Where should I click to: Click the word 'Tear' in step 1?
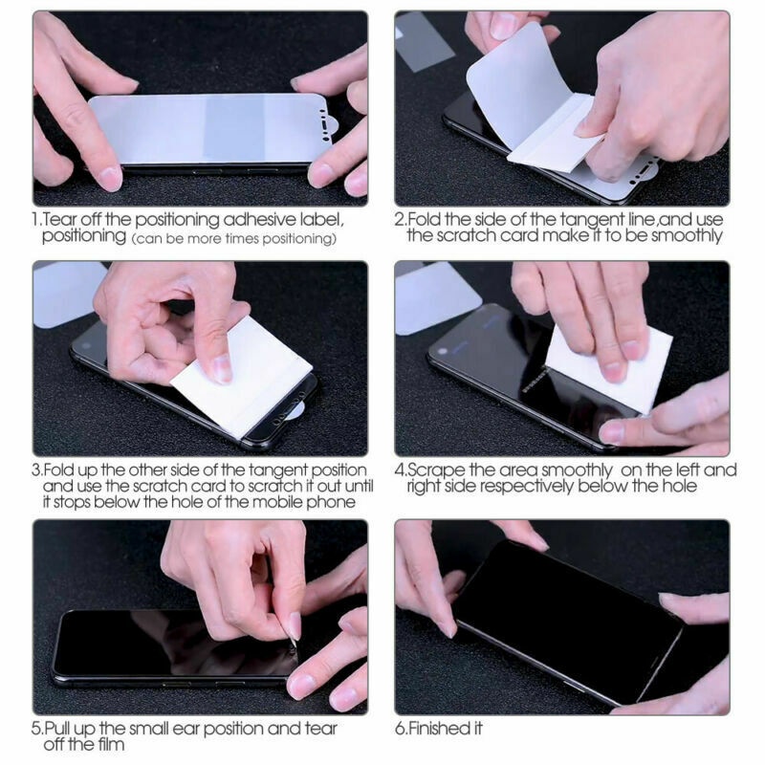tap(60, 220)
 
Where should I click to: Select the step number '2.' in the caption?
tap(400, 220)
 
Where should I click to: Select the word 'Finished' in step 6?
tap(438, 730)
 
